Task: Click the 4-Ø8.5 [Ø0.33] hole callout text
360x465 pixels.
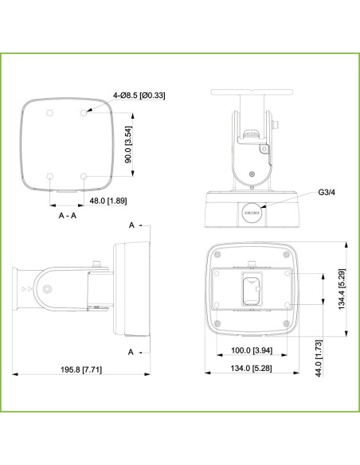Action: tap(139, 96)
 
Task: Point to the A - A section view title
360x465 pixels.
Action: tap(68, 215)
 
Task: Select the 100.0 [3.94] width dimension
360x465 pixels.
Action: tap(252, 350)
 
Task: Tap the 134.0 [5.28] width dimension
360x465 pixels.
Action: tap(252, 369)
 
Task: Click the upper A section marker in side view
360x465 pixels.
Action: tap(132, 226)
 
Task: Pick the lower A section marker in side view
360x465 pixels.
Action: tap(132, 350)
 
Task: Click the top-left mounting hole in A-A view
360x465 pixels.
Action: tap(49, 113)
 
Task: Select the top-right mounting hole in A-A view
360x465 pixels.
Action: tap(84, 113)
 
